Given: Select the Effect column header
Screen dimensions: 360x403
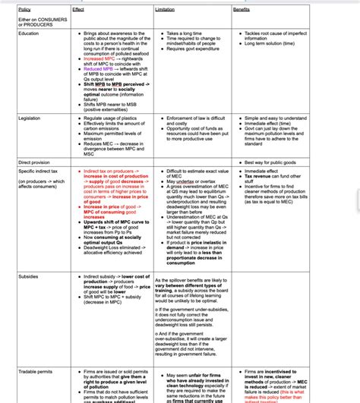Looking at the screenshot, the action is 78,9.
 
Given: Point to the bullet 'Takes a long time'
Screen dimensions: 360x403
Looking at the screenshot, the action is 187,34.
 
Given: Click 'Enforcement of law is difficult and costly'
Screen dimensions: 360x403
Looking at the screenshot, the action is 200,121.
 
